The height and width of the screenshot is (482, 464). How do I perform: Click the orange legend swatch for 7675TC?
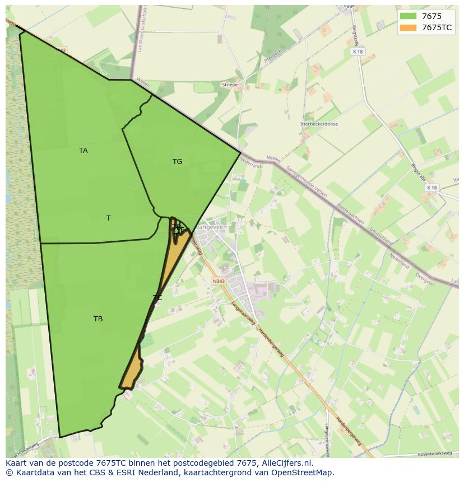click(x=409, y=27)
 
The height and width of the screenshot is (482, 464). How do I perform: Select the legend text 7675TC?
click(x=437, y=27)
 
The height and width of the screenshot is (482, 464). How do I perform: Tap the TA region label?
click(x=83, y=151)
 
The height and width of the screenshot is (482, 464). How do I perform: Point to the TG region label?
click(x=177, y=162)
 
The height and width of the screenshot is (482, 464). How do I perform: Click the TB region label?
click(x=98, y=319)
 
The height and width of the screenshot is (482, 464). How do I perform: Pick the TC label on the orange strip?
click(x=157, y=298)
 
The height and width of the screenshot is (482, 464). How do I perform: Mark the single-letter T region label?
click(x=109, y=218)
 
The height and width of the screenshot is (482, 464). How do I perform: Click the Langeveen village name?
click(x=210, y=227)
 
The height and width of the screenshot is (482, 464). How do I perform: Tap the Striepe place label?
click(x=230, y=85)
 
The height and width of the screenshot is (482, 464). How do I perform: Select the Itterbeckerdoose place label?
click(x=319, y=124)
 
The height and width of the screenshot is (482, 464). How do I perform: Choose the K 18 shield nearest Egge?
click(x=358, y=52)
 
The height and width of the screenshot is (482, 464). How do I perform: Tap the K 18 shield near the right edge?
click(x=431, y=188)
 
